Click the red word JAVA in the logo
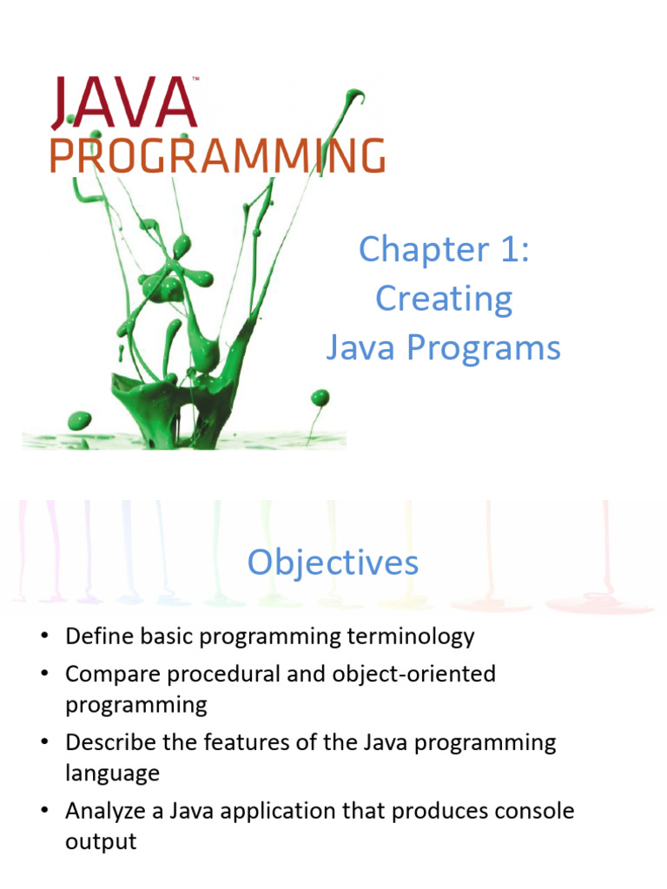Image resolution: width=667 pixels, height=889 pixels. point(123,102)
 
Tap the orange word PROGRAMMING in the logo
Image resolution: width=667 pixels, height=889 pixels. point(217,157)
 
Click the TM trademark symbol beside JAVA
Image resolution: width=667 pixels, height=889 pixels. point(196,79)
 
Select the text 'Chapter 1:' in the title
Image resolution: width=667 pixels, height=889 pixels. point(444,250)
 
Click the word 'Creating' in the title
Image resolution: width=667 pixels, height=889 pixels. point(444,300)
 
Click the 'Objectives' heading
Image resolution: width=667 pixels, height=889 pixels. point(333,563)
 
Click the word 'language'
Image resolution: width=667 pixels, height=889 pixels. point(112,773)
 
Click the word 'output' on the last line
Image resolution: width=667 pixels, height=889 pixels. point(101,841)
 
